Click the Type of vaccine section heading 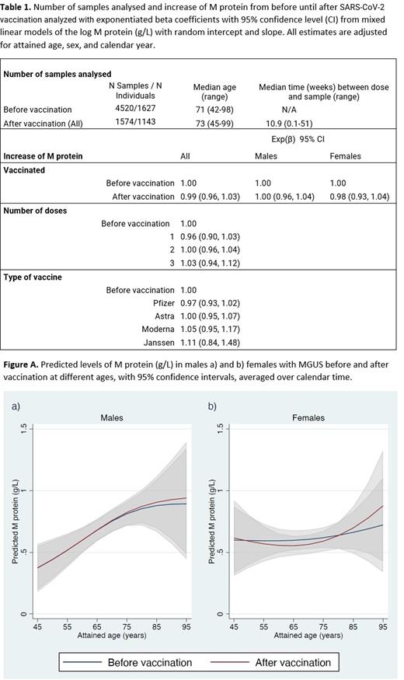tap(33, 276)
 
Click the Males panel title tap(112, 417)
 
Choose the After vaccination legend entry tap(293, 662)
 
